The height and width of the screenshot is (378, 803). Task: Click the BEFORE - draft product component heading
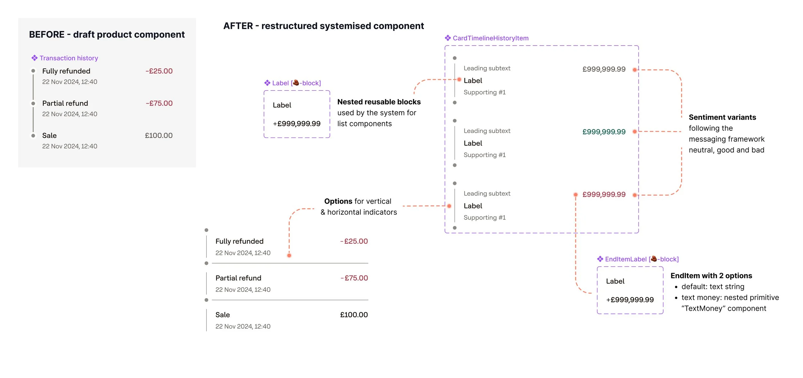click(x=107, y=35)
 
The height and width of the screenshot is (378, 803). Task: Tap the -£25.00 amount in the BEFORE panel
click(x=159, y=71)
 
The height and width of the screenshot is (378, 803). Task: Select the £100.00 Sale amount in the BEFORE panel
click(x=159, y=136)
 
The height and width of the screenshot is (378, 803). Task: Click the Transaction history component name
click(x=69, y=58)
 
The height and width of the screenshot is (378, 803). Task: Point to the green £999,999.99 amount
click(x=604, y=132)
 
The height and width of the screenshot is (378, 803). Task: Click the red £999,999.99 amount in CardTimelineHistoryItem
click(x=604, y=195)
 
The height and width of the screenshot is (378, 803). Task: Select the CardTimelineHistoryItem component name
click(x=490, y=38)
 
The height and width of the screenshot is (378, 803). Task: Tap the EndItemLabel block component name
click(x=641, y=259)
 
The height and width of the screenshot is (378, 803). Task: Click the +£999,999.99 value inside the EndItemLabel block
click(x=630, y=300)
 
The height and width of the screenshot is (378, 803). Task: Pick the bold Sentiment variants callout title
click(x=722, y=117)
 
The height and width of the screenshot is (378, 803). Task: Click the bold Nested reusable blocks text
click(x=379, y=102)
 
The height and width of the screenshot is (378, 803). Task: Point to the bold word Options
click(x=338, y=201)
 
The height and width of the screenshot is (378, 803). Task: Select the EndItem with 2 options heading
click(x=711, y=276)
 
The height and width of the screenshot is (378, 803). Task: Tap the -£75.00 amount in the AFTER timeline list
click(x=354, y=278)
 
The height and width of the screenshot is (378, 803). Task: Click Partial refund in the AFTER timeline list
click(x=238, y=278)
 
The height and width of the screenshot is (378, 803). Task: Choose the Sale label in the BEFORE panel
click(x=49, y=136)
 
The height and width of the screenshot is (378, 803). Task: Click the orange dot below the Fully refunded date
click(x=289, y=256)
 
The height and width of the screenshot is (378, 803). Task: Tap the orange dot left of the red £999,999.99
click(x=576, y=195)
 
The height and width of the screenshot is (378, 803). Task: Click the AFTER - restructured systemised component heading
click(x=323, y=26)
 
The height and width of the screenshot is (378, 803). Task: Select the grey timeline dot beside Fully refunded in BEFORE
click(x=33, y=71)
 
